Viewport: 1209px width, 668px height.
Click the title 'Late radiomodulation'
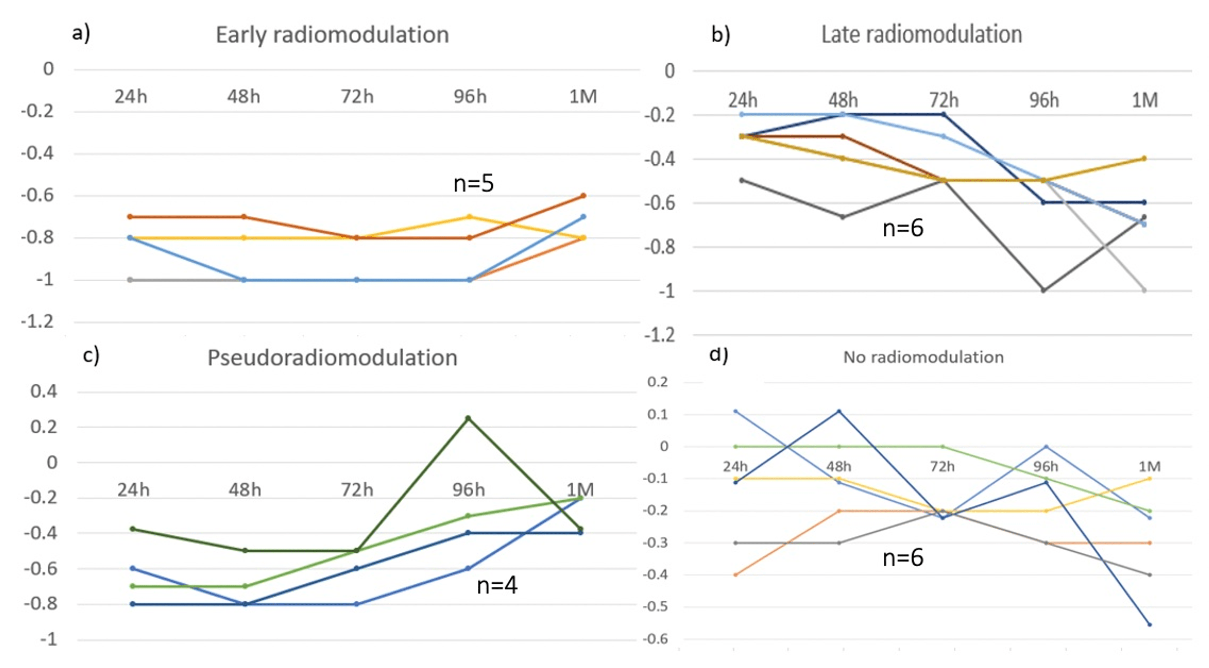pos(921,35)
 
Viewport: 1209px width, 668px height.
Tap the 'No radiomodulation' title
pos(923,357)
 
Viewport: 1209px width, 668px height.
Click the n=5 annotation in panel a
pos(473,183)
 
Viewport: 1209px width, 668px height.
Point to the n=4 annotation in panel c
pos(496,585)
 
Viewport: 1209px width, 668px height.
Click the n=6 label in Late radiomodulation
pos(903,228)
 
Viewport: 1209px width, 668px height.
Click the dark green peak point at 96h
pos(468,417)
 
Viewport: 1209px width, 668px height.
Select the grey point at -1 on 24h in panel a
pos(131,280)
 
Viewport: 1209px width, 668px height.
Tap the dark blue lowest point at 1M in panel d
pos(1149,624)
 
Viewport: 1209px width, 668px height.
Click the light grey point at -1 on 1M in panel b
pos(1144,290)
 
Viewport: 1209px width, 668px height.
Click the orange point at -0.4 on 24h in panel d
pos(735,574)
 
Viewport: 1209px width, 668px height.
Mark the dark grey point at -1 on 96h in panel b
pos(1043,290)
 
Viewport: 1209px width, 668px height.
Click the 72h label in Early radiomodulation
pos(357,97)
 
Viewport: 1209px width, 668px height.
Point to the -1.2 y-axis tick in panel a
pos(37,322)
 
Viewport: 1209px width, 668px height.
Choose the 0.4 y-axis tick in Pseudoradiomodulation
pos(44,391)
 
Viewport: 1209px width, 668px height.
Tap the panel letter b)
pos(721,35)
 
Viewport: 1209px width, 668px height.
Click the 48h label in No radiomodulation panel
pos(839,466)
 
